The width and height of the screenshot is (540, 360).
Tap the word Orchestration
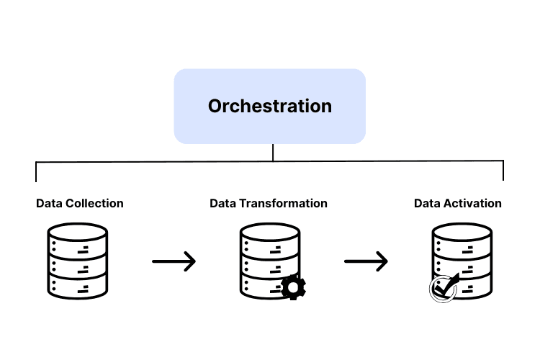point(270,106)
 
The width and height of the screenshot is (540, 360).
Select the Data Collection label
point(80,203)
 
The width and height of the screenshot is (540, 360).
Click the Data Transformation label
point(269,203)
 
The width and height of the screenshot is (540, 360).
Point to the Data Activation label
point(458,203)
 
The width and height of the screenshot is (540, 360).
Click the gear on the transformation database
point(293,287)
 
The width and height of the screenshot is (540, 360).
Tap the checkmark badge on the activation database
point(443,289)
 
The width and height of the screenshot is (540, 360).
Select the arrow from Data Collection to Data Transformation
point(174,261)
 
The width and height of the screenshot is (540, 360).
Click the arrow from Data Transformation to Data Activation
point(366,261)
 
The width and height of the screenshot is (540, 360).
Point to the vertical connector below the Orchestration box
point(273,153)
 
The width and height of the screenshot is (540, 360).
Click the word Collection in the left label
point(94,203)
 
